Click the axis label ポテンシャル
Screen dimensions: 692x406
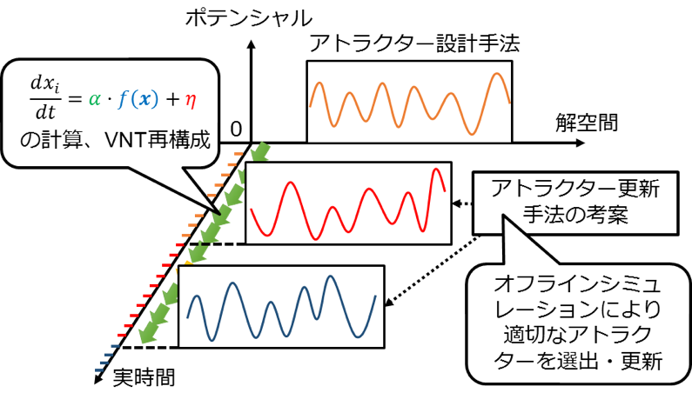tap(248, 18)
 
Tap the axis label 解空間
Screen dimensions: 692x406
tap(587, 123)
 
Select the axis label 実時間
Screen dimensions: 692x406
tap(144, 378)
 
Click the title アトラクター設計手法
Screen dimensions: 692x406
tap(414, 43)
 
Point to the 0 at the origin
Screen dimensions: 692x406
tap(236, 130)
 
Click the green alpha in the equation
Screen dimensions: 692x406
tap(95, 99)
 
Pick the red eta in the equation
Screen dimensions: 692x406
tap(191, 101)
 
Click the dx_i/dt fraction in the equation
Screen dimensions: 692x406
tap(45, 98)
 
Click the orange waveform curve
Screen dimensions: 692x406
tap(410, 103)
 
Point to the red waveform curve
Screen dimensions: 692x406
tap(348, 204)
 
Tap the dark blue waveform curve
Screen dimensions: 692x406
tap(281, 308)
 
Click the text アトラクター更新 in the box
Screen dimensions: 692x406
tap(575, 189)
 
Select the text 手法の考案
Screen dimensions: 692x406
tap(575, 215)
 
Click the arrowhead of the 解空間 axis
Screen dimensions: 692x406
tap(581, 143)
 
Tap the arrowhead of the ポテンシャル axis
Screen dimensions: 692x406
tap(251, 44)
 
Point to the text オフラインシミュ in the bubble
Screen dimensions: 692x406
tap(578, 285)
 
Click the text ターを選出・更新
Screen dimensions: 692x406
tap(578, 362)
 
